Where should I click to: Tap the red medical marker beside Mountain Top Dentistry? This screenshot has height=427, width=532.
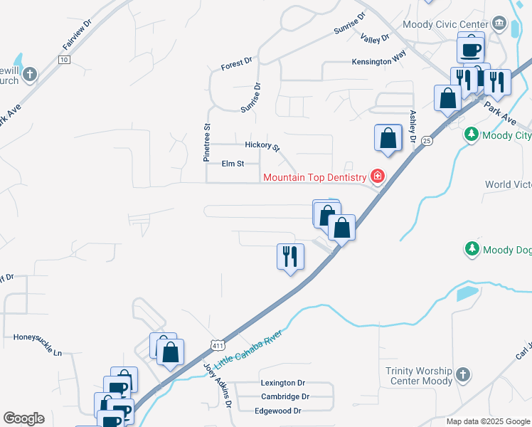[376, 176]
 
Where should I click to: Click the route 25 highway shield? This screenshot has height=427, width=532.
[426, 141]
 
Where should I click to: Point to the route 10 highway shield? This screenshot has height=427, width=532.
[64, 60]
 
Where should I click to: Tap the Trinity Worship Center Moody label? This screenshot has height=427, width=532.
[419, 376]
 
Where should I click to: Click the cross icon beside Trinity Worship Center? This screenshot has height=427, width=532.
[462, 374]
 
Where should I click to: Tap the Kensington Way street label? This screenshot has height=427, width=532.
[379, 62]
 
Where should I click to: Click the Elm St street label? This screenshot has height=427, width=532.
[233, 163]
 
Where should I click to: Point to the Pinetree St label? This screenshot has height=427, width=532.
[208, 142]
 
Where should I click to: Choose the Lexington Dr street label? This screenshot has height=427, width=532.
[282, 382]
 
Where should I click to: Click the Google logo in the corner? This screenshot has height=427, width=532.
[23, 418]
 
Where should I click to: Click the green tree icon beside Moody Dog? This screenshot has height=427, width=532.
[471, 249]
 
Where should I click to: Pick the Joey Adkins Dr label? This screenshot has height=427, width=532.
[219, 385]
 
